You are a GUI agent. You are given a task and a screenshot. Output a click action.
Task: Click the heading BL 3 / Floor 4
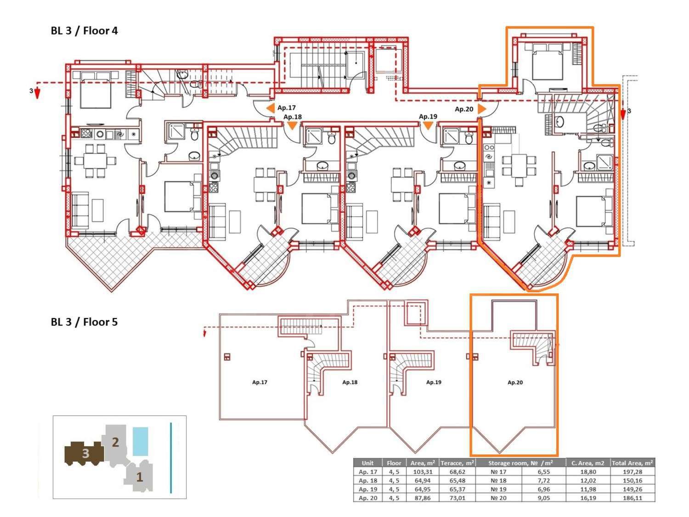click(x=84, y=31)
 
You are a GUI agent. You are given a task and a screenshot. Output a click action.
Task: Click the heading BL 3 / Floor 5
click(x=84, y=322)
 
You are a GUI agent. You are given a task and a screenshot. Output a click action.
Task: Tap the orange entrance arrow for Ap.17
click(x=270, y=108)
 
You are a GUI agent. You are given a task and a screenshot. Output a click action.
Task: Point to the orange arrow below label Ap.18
click(x=292, y=126)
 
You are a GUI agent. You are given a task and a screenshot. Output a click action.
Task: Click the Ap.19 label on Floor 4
click(x=428, y=117)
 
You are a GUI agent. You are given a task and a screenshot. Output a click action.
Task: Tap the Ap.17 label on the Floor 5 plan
click(x=260, y=382)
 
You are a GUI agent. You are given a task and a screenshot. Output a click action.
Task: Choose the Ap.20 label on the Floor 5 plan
click(x=515, y=382)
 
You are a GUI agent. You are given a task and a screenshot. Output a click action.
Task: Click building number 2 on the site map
click(x=115, y=442)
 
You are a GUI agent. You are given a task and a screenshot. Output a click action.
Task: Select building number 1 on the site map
click(x=140, y=477)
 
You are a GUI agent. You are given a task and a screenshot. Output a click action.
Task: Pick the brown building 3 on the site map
click(x=85, y=454)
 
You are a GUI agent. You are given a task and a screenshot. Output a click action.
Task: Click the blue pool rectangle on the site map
click(x=140, y=441)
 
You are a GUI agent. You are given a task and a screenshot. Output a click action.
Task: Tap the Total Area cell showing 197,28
click(x=633, y=472)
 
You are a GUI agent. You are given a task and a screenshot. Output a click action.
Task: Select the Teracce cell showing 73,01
click(x=457, y=498)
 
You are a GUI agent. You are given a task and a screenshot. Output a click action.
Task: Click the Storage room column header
click(x=520, y=463)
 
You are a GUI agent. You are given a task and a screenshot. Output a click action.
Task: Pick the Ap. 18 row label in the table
click(x=367, y=481)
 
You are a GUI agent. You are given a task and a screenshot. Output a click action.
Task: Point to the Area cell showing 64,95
click(x=423, y=489)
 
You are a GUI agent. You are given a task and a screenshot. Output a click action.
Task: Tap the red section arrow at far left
click(x=37, y=93)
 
